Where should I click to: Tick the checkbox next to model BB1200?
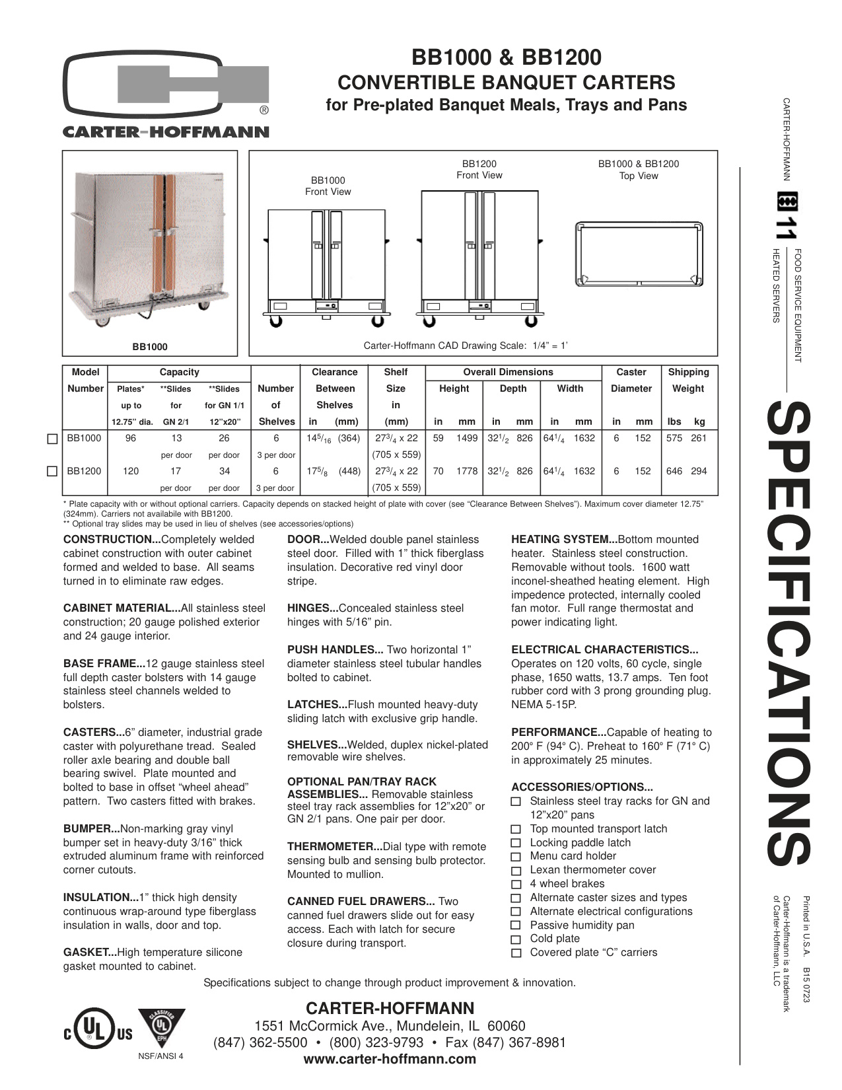[53, 472]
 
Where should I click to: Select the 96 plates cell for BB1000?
[131, 438]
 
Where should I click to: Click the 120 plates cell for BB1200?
[131, 471]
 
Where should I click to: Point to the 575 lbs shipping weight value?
[674, 438]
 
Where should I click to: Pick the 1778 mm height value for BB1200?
[467, 471]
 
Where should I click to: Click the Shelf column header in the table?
[396, 372]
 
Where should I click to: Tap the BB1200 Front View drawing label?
[479, 169]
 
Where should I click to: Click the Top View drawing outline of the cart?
[639, 254]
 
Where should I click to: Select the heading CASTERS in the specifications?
[93, 732]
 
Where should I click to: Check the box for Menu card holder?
[516, 857]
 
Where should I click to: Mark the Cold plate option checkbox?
[516, 939]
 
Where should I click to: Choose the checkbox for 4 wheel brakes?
[516, 885]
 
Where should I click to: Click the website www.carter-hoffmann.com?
[390, 1060]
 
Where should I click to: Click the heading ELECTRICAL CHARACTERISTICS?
[604, 649]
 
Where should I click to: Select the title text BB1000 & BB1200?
[507, 58]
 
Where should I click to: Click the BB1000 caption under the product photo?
[150, 347]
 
